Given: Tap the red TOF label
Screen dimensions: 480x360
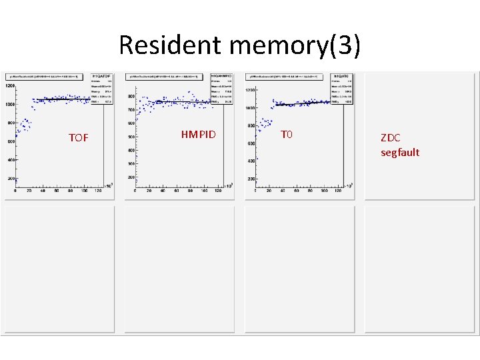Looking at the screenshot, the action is click(79, 138).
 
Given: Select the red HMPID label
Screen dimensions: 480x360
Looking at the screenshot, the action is click(199, 135).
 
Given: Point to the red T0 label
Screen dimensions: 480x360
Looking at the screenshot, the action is click(287, 135).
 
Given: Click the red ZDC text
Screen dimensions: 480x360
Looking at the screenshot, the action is click(391, 138).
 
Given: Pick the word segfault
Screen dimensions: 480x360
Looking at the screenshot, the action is click(400, 153).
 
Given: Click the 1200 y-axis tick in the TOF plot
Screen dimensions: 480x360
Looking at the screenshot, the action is click(11, 86).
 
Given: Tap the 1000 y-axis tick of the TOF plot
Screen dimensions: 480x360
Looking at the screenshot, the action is click(11, 105).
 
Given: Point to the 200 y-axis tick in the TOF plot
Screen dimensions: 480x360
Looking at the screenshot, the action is click(11, 179).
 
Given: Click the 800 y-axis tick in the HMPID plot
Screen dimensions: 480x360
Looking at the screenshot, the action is click(131, 97).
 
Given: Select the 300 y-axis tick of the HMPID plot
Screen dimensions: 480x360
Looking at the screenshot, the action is click(131, 163).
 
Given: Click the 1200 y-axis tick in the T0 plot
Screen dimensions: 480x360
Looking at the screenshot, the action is click(251, 90).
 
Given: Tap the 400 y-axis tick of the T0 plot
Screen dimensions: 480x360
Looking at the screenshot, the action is click(251, 161).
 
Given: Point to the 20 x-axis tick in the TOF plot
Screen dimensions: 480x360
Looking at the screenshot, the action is click(29, 191).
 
